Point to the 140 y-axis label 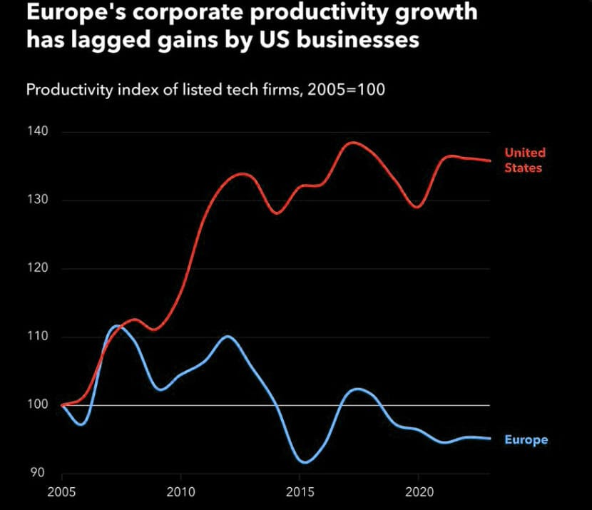39,132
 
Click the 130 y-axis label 39,200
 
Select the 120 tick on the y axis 39,269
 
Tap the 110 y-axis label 39,337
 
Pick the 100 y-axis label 39,405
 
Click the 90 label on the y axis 36,473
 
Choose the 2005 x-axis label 61,492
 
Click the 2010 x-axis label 180,492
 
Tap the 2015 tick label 299,492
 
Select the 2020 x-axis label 417,492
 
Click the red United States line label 524,160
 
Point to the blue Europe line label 526,439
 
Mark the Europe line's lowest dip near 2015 305,462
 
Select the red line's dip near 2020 417,207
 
